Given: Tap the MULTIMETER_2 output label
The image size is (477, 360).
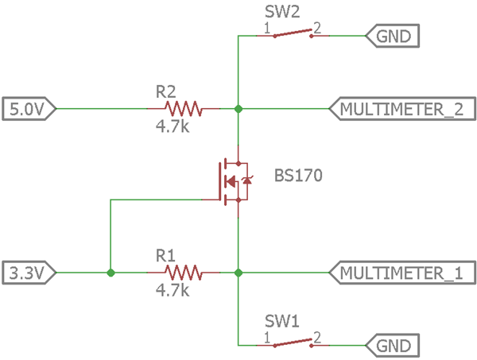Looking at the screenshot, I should tap(401, 108).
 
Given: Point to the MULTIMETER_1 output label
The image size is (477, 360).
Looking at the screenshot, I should tap(401, 273).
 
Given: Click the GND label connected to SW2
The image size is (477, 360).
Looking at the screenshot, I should tap(393, 36).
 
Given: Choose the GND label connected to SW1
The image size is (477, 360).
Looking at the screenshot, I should tap(393, 346).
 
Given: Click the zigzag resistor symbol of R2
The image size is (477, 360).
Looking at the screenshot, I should tap(182, 108).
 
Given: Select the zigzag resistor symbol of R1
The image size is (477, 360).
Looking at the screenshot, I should tap(182, 273).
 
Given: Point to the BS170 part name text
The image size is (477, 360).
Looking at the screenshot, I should tap(298, 176).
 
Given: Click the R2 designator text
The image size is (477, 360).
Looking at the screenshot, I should tap(165, 91).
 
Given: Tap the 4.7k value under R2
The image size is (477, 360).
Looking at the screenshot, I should tap(173, 126).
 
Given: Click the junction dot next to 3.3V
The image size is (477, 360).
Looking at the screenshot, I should tap(111, 273).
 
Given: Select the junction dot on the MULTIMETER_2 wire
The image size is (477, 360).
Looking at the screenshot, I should tap(238, 108).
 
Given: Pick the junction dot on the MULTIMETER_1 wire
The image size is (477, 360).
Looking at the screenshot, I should tap(238, 273).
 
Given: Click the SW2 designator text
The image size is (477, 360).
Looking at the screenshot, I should tap(281, 13).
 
